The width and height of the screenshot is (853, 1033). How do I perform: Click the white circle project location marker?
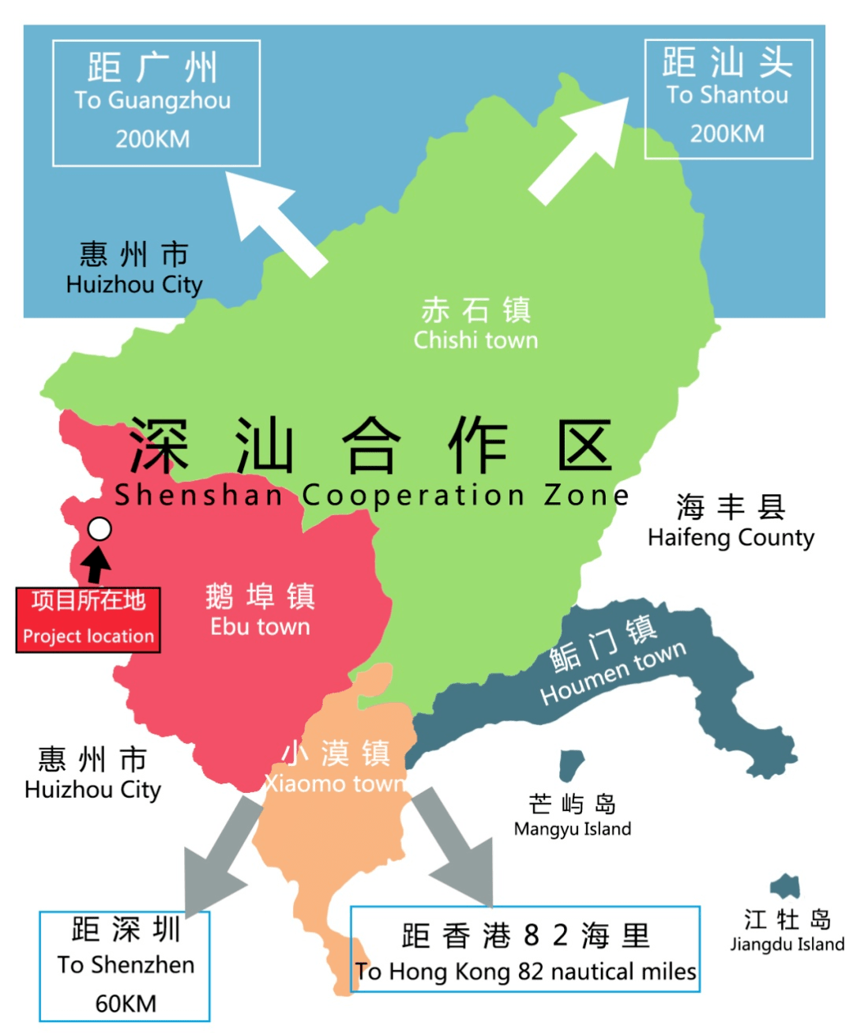pyautogui.click(x=100, y=529)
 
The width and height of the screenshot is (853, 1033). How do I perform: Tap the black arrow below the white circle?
pyautogui.click(x=97, y=565)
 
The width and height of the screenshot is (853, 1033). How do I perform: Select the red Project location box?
pyautogui.click(x=88, y=620)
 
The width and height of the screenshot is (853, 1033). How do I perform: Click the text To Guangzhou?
pyautogui.click(x=152, y=100)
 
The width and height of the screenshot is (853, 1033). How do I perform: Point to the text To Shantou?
pyautogui.click(x=727, y=95)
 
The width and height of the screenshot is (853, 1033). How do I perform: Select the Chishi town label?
pyautogui.click(x=475, y=340)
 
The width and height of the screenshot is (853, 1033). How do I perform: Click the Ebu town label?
pyautogui.click(x=260, y=626)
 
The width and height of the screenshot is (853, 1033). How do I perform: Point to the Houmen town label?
pyautogui.click(x=614, y=671)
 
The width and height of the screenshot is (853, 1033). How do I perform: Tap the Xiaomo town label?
pyautogui.click(x=336, y=783)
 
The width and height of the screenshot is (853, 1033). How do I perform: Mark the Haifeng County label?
pyautogui.click(x=731, y=537)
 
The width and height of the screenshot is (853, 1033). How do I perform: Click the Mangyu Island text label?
pyautogui.click(x=573, y=828)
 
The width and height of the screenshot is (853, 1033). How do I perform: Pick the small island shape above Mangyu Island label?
pyautogui.click(x=571, y=764)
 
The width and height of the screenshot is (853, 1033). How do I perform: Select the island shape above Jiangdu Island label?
pyautogui.click(x=786, y=886)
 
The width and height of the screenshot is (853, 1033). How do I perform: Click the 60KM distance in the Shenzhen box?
pyautogui.click(x=126, y=1003)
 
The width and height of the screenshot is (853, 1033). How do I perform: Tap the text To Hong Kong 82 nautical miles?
pyautogui.click(x=525, y=971)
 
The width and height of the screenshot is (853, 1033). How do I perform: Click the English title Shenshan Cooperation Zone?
pyautogui.click(x=371, y=495)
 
